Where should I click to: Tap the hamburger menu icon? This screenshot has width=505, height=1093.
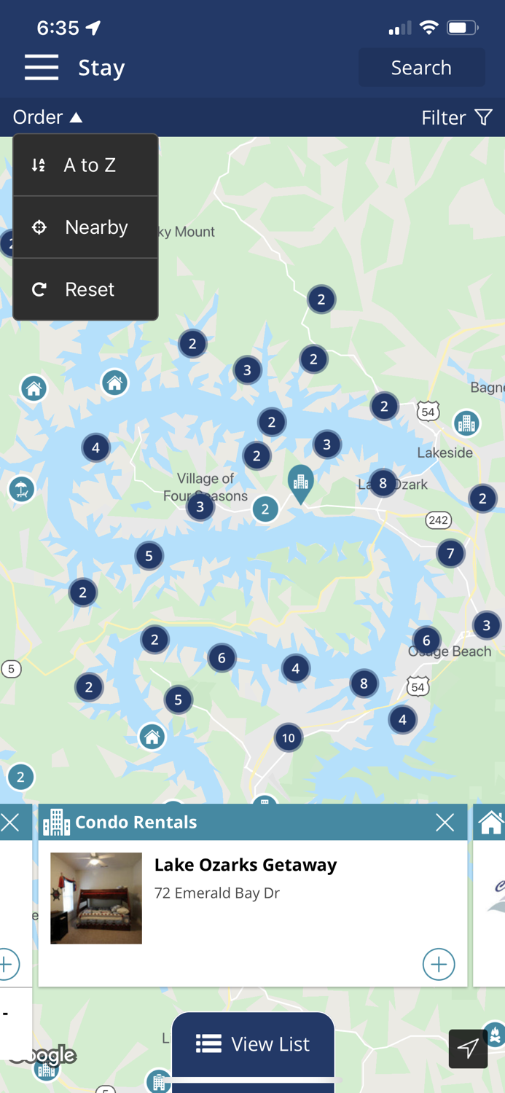point(42,67)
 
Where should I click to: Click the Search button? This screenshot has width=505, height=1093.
point(421,68)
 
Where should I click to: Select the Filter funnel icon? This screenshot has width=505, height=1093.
point(483,117)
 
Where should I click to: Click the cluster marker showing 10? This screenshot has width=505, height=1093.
point(289,738)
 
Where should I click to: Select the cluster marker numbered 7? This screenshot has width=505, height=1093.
point(450,554)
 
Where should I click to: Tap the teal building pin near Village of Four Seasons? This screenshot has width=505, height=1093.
point(300,482)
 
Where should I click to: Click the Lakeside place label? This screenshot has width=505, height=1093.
point(445,453)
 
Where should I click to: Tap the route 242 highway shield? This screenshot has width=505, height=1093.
point(439,520)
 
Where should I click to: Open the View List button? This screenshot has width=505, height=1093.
point(253,1044)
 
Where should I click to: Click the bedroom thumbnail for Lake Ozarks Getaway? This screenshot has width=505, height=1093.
point(96,898)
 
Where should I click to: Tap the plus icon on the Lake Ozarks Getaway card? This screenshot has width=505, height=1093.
point(439,964)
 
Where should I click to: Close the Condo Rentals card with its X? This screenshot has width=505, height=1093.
point(445,823)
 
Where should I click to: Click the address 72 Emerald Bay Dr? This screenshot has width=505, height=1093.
point(217,893)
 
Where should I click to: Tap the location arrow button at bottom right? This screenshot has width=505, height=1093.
point(468,1049)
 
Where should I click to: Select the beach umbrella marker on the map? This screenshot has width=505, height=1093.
point(22,489)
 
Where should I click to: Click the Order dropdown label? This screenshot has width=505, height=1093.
point(47,117)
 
